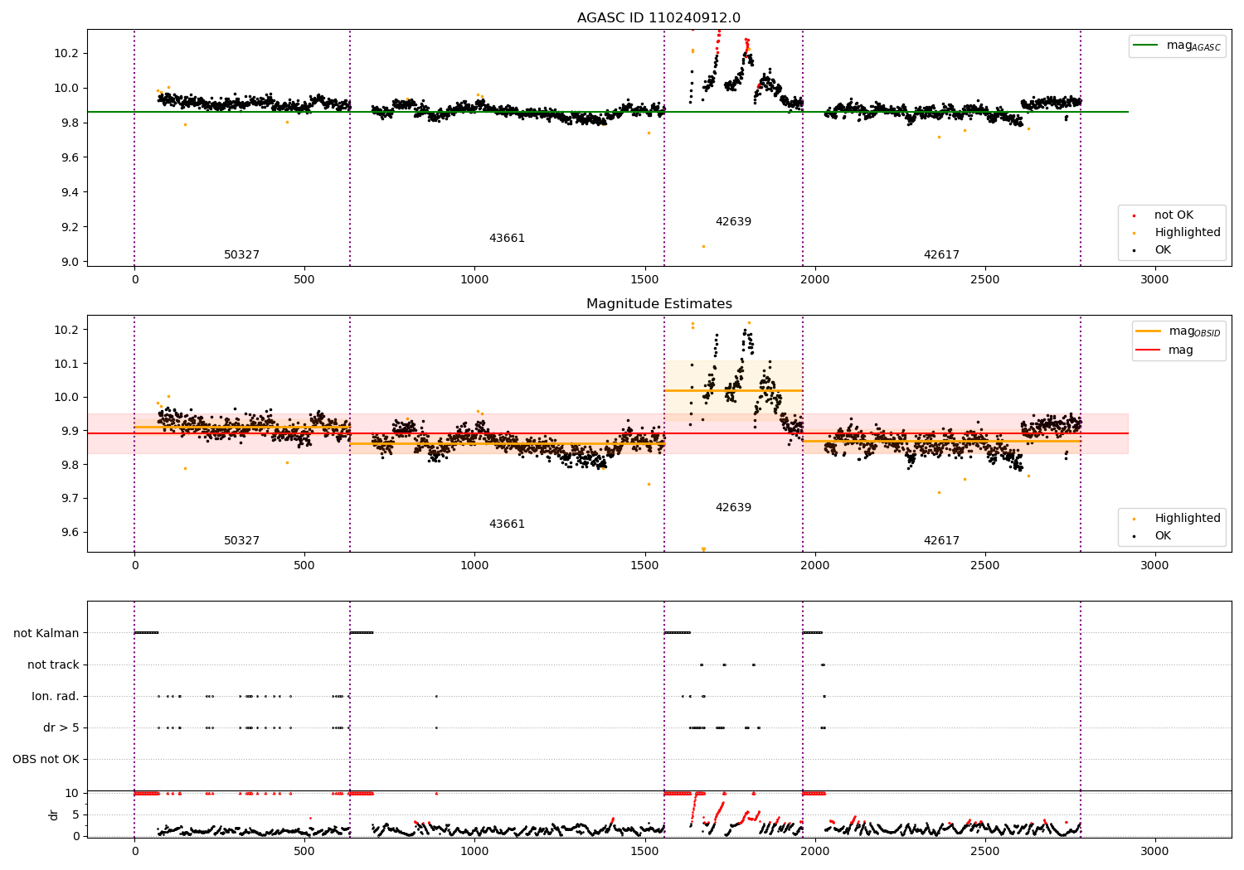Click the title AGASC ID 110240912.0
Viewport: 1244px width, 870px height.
click(658, 18)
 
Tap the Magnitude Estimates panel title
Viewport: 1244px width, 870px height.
click(658, 304)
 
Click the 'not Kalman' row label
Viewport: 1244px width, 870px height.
click(46, 633)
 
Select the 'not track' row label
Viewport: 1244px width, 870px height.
click(53, 665)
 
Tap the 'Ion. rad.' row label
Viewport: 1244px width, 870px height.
click(56, 696)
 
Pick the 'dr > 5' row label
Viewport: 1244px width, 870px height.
click(61, 727)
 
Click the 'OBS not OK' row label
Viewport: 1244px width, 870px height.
click(46, 759)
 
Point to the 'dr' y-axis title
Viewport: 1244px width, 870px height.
click(54, 814)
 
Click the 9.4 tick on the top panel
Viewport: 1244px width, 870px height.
click(67, 192)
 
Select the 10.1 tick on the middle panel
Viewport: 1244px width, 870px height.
click(67, 364)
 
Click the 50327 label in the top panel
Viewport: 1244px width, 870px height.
click(241, 255)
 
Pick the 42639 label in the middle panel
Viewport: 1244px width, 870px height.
click(733, 507)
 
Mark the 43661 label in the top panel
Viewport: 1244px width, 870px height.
click(507, 239)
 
